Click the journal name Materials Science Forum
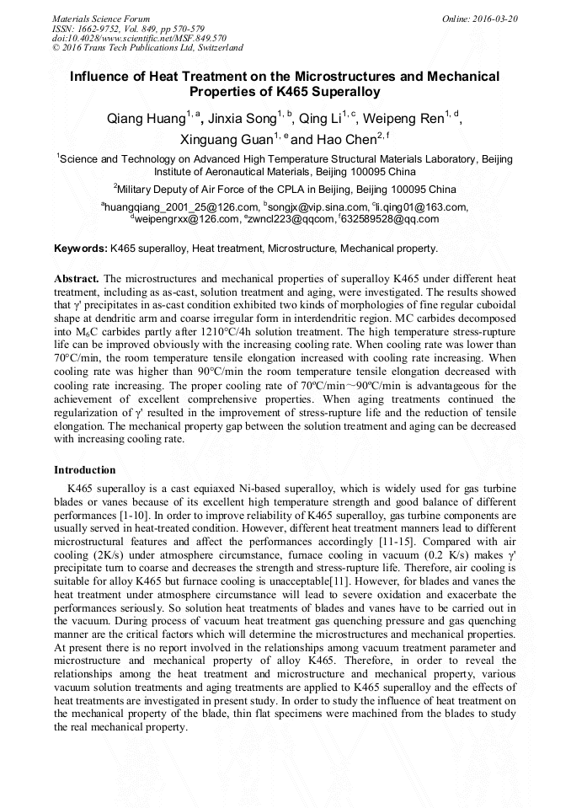101,19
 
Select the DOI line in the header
139,38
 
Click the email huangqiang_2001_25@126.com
180,206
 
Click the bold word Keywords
80,249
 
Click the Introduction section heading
85,469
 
